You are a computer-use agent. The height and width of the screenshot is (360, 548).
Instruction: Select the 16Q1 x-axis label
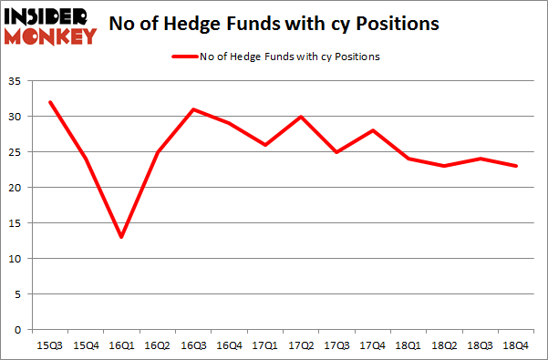click(x=120, y=345)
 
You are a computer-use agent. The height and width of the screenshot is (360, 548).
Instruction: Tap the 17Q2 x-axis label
click(x=300, y=345)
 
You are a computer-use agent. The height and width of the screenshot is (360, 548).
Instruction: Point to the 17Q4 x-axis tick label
click(x=373, y=345)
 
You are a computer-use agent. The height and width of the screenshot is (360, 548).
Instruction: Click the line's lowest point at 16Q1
click(x=121, y=237)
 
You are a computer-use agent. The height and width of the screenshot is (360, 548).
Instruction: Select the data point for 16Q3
click(x=193, y=109)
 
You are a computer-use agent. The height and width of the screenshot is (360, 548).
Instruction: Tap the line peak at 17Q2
click(x=301, y=117)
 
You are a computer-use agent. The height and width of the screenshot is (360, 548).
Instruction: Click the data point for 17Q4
click(x=373, y=130)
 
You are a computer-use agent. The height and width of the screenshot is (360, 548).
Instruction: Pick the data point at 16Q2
click(x=157, y=152)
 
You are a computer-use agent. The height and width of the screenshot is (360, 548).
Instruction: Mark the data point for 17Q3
click(x=336, y=152)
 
